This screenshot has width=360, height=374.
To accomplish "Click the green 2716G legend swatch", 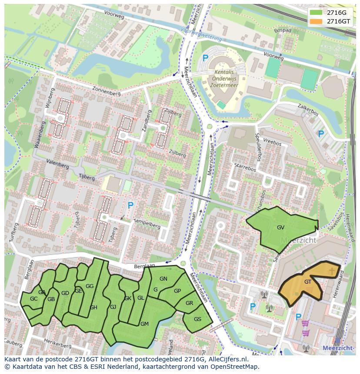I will click(x=316, y=12).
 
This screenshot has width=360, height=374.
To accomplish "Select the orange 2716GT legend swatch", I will click(x=316, y=21).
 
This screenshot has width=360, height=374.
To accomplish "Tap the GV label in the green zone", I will click(x=280, y=227).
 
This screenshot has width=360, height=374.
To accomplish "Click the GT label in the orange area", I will click(x=308, y=281).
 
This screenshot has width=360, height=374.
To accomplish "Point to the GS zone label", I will click(x=197, y=319).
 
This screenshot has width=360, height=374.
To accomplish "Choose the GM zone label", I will click(x=144, y=324).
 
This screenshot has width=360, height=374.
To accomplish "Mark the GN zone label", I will click(x=163, y=279).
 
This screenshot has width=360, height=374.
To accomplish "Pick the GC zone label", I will click(x=33, y=299).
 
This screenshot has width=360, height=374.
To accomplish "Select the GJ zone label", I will click(x=113, y=307).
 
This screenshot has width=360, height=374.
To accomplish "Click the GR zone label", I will click(x=189, y=303).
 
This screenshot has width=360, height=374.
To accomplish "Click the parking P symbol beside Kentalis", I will click(x=205, y=58).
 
